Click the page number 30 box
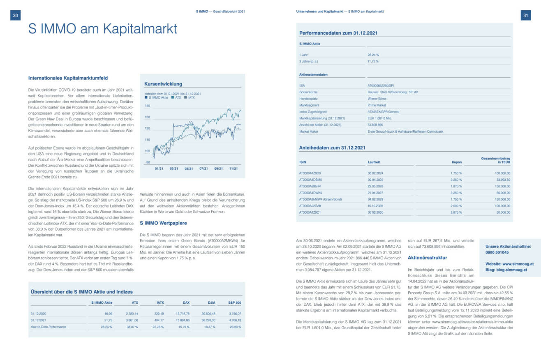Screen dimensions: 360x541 (x=15, y=15)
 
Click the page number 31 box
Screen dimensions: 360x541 (x=525, y=15)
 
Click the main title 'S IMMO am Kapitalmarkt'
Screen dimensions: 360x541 (x=102, y=29)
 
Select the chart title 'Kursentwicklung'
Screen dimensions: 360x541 (x=163, y=84)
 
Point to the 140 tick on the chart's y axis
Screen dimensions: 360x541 (x=148, y=106)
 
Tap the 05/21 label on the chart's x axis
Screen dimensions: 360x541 (x=189, y=168)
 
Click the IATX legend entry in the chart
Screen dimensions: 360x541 (x=190, y=98)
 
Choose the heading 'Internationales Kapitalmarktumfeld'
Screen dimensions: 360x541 (x=68, y=77)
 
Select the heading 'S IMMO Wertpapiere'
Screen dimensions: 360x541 (x=163, y=223)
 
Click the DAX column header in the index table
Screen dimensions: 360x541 (x=186, y=302)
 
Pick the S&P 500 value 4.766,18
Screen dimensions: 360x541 (x=234, y=320)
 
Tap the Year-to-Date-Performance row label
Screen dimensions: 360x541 (x=49, y=327)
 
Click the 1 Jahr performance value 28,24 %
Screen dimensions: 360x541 (x=373, y=54)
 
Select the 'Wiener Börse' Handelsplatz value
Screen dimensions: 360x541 (x=377, y=99)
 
